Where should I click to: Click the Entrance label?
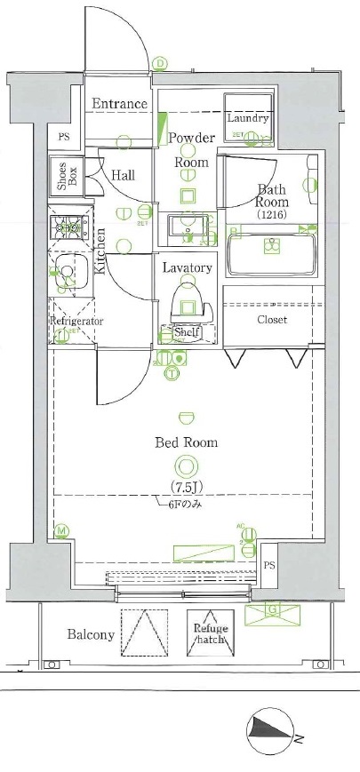119,104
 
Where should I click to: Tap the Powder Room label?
190,150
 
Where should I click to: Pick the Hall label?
123,176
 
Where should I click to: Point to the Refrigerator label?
76,321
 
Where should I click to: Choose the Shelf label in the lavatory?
185,332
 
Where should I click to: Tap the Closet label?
272,320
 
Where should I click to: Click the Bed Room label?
187,442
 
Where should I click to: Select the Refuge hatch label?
211,633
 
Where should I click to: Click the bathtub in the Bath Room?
271,255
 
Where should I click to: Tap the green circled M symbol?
61,532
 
